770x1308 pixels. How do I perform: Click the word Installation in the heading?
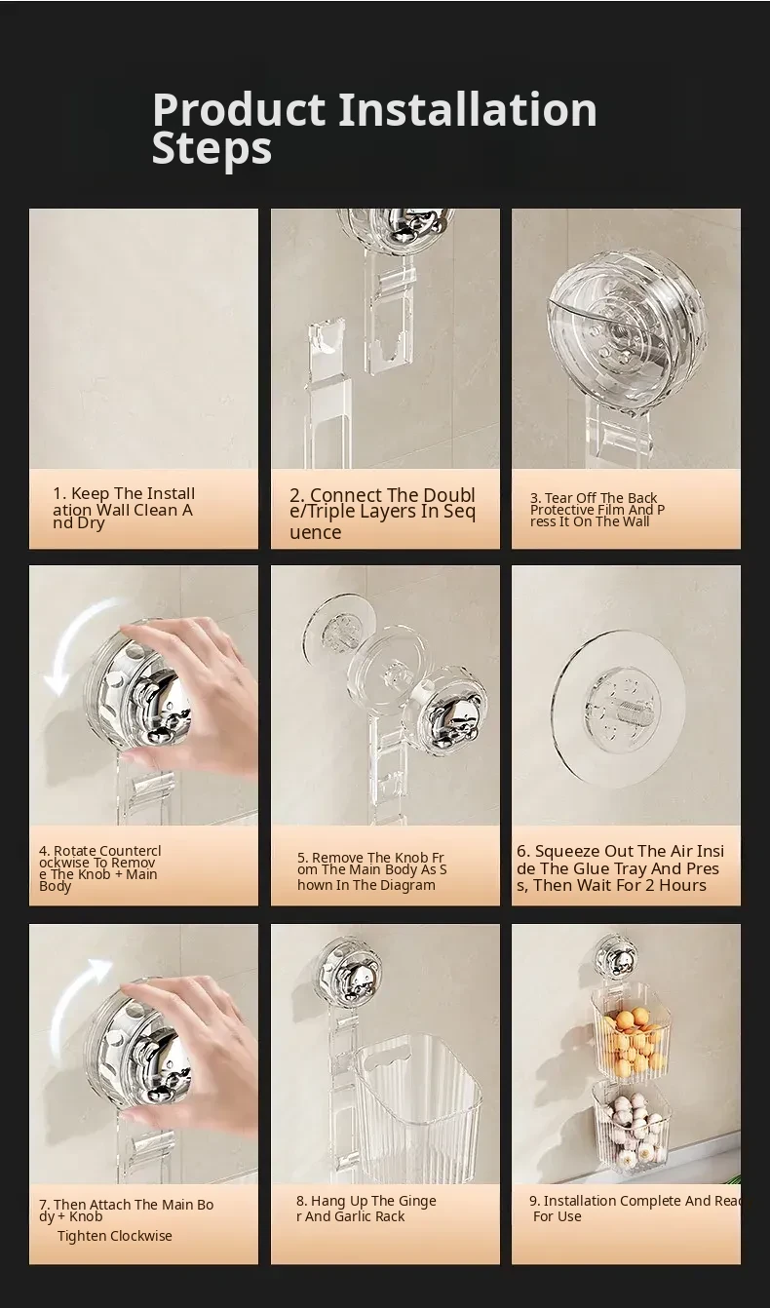pyautogui.click(x=468, y=109)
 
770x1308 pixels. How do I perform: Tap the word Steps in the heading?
pyautogui.click(x=212, y=148)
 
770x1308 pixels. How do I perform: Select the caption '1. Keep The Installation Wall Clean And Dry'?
pyautogui.click(x=124, y=508)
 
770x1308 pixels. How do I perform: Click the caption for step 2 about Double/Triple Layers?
pyautogui.click(x=382, y=514)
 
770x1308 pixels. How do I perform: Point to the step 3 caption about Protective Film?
pyautogui.click(x=597, y=510)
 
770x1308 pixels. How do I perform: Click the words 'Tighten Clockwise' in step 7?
pyautogui.click(x=114, y=1236)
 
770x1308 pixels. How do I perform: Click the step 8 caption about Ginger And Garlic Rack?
pyautogui.click(x=366, y=1209)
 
